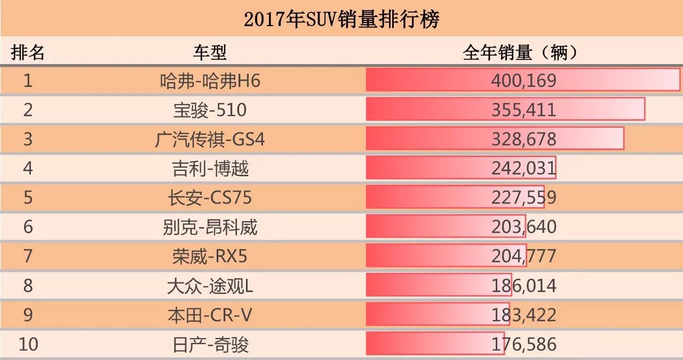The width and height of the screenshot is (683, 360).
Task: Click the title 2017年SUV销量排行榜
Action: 341,19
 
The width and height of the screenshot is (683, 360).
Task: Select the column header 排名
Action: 28,52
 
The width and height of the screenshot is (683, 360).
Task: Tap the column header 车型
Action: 210,52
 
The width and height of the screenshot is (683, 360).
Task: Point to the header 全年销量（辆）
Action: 521,52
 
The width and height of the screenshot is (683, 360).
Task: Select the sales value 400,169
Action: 523,81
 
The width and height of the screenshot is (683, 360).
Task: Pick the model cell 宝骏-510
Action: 210,110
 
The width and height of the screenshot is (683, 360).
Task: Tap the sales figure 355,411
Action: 523,110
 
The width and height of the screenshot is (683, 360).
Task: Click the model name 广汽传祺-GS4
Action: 210,139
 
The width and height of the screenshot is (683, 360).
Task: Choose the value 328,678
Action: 523,139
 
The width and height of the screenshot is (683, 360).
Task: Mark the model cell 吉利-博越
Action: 210,169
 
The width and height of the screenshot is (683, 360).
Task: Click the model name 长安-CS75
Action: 210,198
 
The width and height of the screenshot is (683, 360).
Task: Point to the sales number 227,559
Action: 523,198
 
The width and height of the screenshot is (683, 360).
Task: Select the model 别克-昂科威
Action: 210,228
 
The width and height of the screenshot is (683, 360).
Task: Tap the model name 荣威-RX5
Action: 210,257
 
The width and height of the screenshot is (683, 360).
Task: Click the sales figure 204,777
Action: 523,257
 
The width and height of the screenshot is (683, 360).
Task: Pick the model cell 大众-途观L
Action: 210,286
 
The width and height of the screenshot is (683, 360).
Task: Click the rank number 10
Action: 28,345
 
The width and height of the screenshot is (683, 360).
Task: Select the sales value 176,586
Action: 523,345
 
